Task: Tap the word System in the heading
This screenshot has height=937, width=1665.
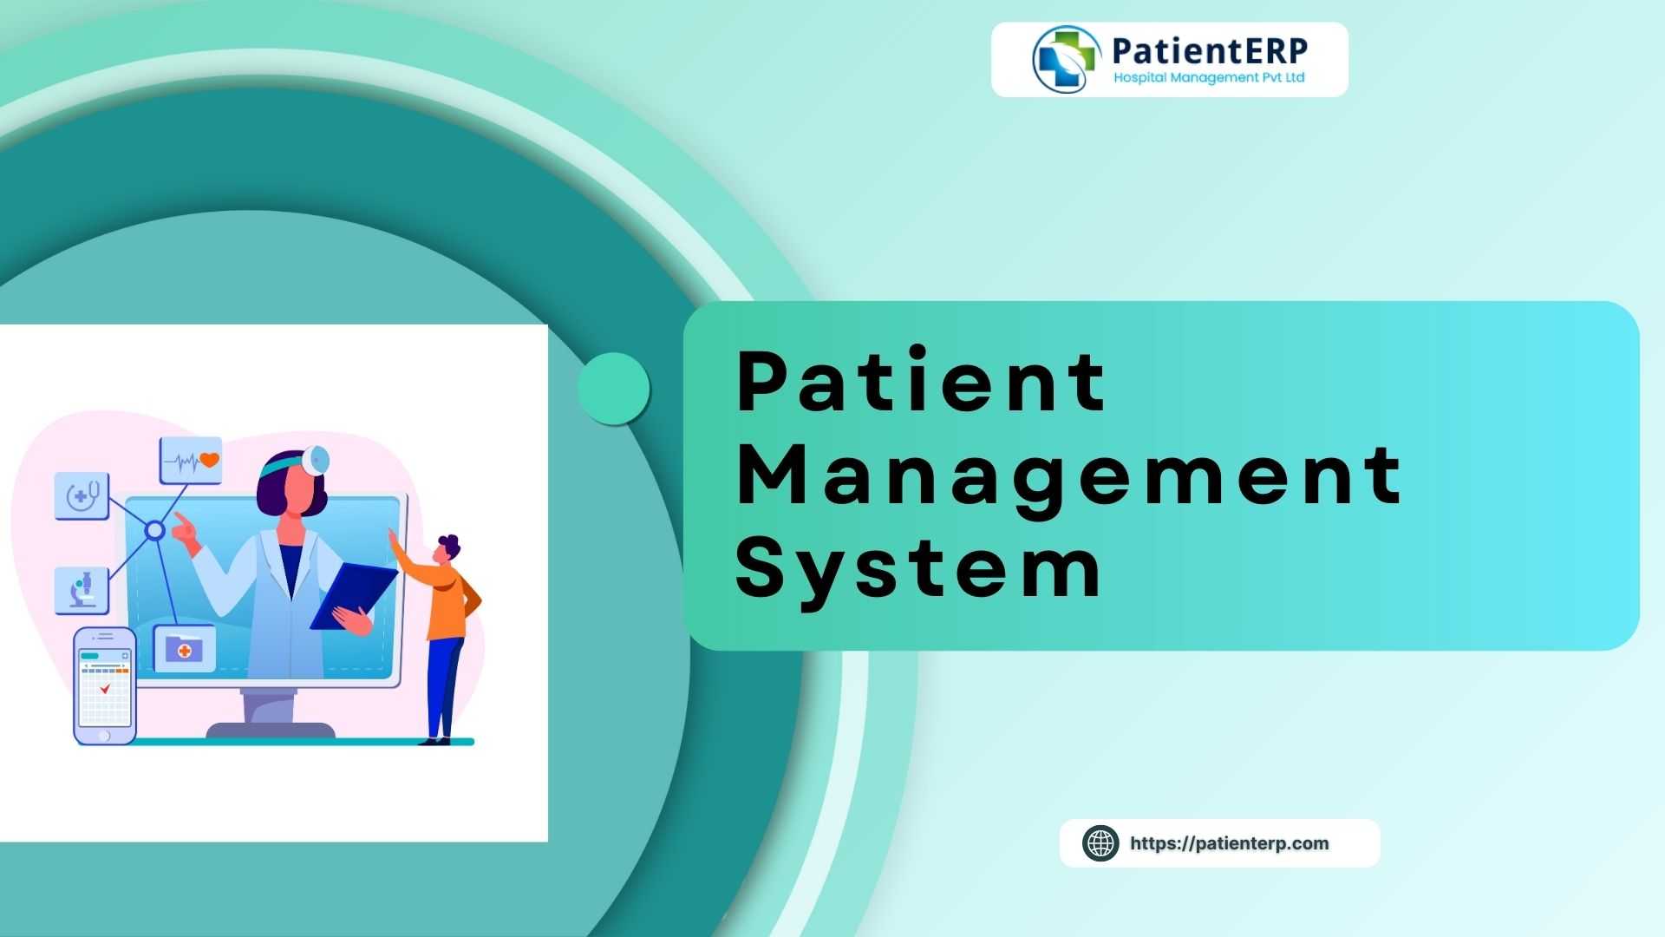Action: pos(917,567)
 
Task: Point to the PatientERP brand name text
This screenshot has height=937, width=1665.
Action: pos(1210,50)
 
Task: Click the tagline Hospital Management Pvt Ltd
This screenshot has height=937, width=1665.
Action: pos(1209,78)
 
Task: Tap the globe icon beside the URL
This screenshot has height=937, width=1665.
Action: pos(1100,843)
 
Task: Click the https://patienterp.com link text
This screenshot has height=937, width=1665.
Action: pos(1229,843)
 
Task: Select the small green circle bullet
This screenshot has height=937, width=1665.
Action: pos(614,389)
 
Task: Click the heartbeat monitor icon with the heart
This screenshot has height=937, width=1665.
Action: pos(191,461)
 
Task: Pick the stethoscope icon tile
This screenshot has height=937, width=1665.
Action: pos(82,496)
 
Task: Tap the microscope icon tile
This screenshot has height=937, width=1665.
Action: pos(82,590)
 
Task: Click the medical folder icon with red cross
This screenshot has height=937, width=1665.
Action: pos(184,649)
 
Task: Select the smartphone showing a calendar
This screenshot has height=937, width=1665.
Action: pos(105,685)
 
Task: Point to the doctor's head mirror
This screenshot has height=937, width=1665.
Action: pos(316,460)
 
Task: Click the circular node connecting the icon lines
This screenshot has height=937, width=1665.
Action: pos(154,530)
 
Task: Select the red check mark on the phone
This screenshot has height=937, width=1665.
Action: pos(105,689)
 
